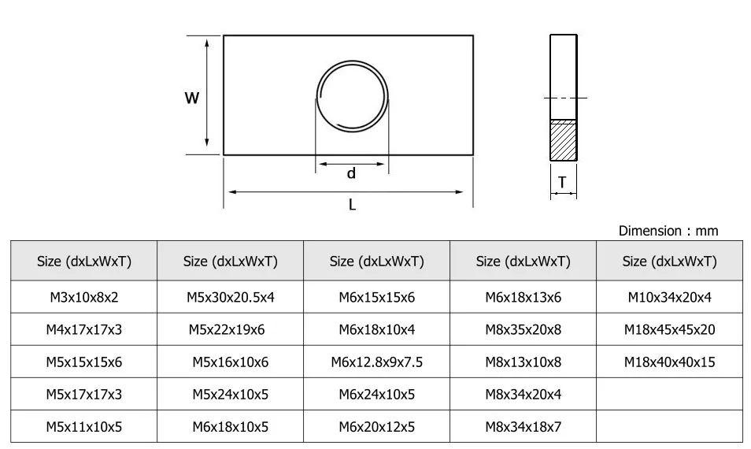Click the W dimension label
[192, 98]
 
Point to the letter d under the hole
[351, 173]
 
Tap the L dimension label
[352, 205]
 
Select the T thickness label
[562, 183]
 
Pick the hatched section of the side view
[563, 141]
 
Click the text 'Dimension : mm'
[668, 231]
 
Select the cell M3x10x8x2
[83, 297]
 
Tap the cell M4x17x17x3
[83, 329]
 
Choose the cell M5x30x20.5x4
[230, 297]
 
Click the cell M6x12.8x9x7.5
[376, 362]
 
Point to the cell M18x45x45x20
[669, 329]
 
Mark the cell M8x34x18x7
[523, 427]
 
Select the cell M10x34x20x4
[669, 297]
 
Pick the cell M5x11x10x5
[83, 427]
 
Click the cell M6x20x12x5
[376, 427]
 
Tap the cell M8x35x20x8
[523, 329]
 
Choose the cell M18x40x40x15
[669, 362]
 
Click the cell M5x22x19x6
[230, 329]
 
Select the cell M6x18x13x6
[523, 297]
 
